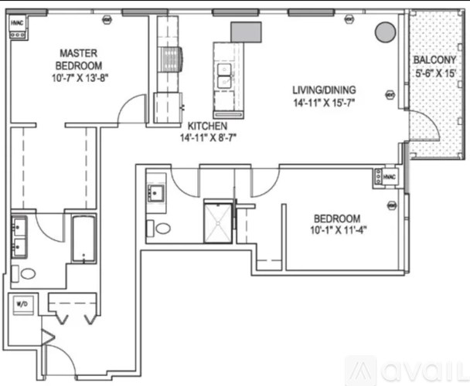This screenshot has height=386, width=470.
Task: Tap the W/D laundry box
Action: [x=22, y=306]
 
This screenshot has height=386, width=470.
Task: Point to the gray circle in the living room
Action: [x=384, y=32]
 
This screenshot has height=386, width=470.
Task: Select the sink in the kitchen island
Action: [x=225, y=76]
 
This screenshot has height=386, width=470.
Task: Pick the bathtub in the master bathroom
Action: [x=83, y=239]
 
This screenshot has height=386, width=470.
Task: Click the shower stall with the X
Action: [x=218, y=221]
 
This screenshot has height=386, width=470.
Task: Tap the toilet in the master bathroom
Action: [x=28, y=273]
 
